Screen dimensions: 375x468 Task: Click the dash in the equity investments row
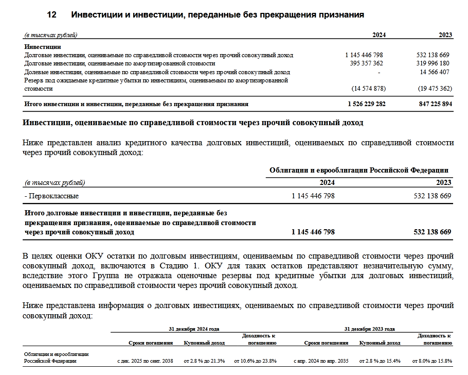378,72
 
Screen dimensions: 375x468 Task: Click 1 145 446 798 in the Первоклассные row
313,196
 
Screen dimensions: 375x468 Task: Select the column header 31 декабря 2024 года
194,329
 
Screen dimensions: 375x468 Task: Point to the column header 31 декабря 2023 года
370,329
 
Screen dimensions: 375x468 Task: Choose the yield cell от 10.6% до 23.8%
256,361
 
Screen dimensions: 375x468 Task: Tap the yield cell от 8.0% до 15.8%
431,361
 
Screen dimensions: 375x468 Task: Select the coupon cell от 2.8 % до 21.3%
205,361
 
